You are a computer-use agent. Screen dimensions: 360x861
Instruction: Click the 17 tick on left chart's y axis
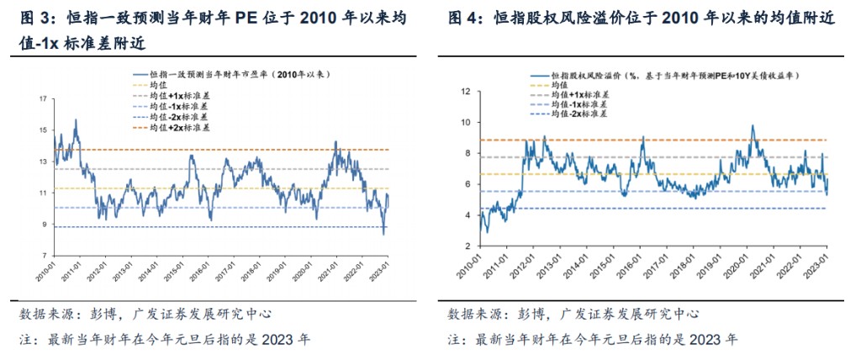(42, 99)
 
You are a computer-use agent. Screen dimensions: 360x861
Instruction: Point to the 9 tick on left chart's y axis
(44, 224)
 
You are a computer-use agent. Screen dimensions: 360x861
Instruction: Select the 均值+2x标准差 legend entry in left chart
(180, 129)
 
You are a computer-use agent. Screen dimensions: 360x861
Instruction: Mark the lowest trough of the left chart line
(383, 234)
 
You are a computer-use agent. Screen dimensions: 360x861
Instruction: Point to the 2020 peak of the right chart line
(753, 126)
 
